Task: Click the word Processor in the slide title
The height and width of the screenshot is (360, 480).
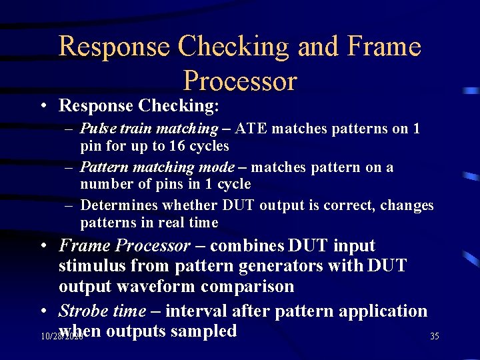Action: (x=239, y=81)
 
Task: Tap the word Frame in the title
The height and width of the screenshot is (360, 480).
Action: (x=386, y=47)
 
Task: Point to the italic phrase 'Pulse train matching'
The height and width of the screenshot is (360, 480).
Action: (x=149, y=128)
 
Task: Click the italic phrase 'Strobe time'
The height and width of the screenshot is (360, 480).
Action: (x=102, y=311)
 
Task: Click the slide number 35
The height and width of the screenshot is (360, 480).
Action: (x=434, y=337)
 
